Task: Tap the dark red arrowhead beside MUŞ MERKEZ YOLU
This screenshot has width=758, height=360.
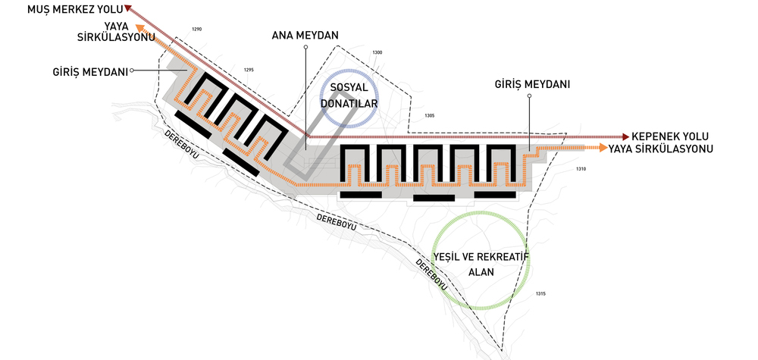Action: tap(128, 8)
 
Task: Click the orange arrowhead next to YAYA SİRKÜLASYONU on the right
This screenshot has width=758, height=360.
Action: tap(603, 148)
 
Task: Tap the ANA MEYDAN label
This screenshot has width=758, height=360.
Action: tap(305, 36)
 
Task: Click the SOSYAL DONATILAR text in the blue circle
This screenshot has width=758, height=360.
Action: tap(349, 95)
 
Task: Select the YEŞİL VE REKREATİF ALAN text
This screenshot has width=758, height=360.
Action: tap(481, 263)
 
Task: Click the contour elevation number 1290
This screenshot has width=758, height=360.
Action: tap(196, 30)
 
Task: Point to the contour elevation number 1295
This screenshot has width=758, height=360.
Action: tap(249, 70)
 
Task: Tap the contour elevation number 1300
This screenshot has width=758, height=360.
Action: tap(377, 52)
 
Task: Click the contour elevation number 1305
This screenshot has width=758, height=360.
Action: tap(430, 115)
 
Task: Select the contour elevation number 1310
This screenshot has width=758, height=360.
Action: tap(581, 169)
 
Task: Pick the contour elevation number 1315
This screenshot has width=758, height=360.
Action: tap(540, 293)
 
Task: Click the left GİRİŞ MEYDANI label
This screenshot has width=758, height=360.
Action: tap(91, 72)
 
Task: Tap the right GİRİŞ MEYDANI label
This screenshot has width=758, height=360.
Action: tap(532, 85)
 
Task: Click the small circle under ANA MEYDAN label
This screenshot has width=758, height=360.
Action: tap(305, 47)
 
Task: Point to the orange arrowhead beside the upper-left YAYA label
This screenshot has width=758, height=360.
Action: tap(139, 28)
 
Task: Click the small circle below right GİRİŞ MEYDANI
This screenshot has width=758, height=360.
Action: tap(530, 95)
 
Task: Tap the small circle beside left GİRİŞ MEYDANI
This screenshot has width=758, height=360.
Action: tap(132, 71)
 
